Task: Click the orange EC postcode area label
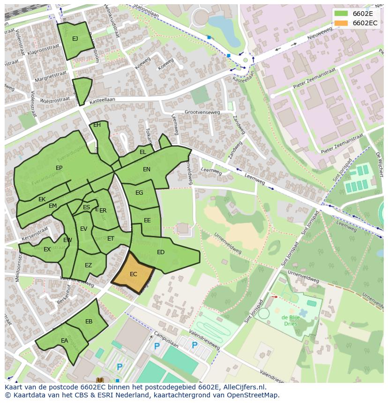(133, 274)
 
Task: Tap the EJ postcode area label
(75, 39)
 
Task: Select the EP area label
(59, 168)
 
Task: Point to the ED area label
(161, 252)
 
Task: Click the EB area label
(89, 322)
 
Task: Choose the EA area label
(64, 341)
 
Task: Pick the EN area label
(147, 169)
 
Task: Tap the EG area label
(139, 193)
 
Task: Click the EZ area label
(88, 265)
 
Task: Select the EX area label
(47, 249)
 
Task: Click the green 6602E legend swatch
(341, 14)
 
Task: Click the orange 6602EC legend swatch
(341, 23)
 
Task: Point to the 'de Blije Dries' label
(291, 320)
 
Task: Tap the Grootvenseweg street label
(202, 112)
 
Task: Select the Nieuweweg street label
(320, 33)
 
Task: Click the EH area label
(97, 125)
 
